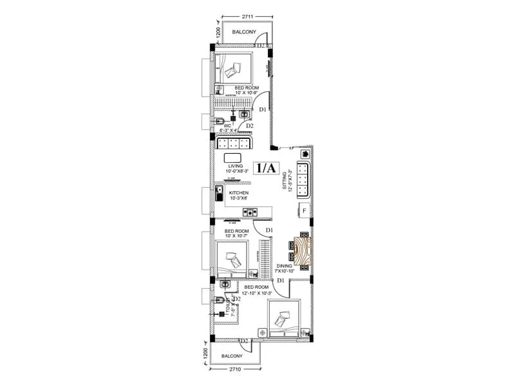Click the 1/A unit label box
[x=267, y=169]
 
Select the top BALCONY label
[x=244, y=32]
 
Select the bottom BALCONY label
[x=232, y=356]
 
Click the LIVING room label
[x=235, y=166]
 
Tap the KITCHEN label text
[x=238, y=192]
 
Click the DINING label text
[x=285, y=265]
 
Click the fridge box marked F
[x=304, y=211]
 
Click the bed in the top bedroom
[x=234, y=66]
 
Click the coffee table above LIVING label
[x=232, y=158]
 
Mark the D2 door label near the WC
[x=250, y=126]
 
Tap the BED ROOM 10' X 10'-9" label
[x=247, y=90]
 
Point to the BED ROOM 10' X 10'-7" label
[x=236, y=233]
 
